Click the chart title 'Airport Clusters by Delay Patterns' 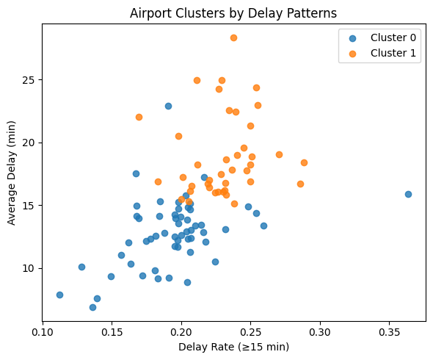pyautogui.click(x=233, y=12)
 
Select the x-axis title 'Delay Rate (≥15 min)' pyautogui.click(x=233, y=347)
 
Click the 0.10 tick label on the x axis pyautogui.click(x=43, y=331)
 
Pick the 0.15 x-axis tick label pyautogui.click(x=112, y=331)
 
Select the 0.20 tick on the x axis pyautogui.click(x=181, y=331)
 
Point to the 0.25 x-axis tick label pyautogui.click(x=251, y=331)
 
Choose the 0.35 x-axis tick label pyautogui.click(x=390, y=331)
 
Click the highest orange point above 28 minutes pyautogui.click(x=233, y=37)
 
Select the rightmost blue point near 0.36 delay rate pyautogui.click(x=408, y=194)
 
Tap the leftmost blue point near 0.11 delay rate pyautogui.click(x=59, y=295)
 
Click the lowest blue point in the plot pyautogui.click(x=92, y=307)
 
